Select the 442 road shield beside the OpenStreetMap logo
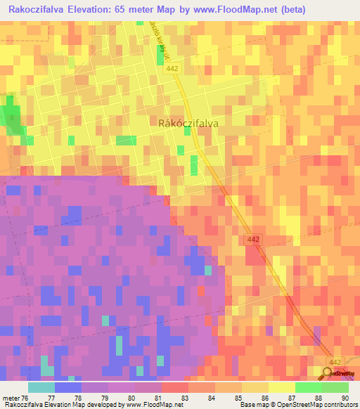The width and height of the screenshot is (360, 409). click(x=336, y=362)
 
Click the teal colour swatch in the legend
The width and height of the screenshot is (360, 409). click(x=41, y=387)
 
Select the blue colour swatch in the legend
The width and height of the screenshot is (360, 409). click(x=67, y=387)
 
